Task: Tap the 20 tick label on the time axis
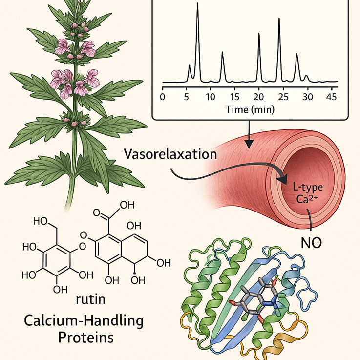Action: tap(259, 96)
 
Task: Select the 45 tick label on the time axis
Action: tap(332, 96)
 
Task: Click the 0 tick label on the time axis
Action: tap(163, 96)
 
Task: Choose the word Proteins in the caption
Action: tap(77, 338)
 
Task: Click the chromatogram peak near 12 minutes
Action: tap(222, 53)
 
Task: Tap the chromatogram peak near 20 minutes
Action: tap(259, 35)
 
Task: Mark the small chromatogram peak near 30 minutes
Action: tap(307, 76)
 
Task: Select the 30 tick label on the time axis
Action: tap(307, 96)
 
